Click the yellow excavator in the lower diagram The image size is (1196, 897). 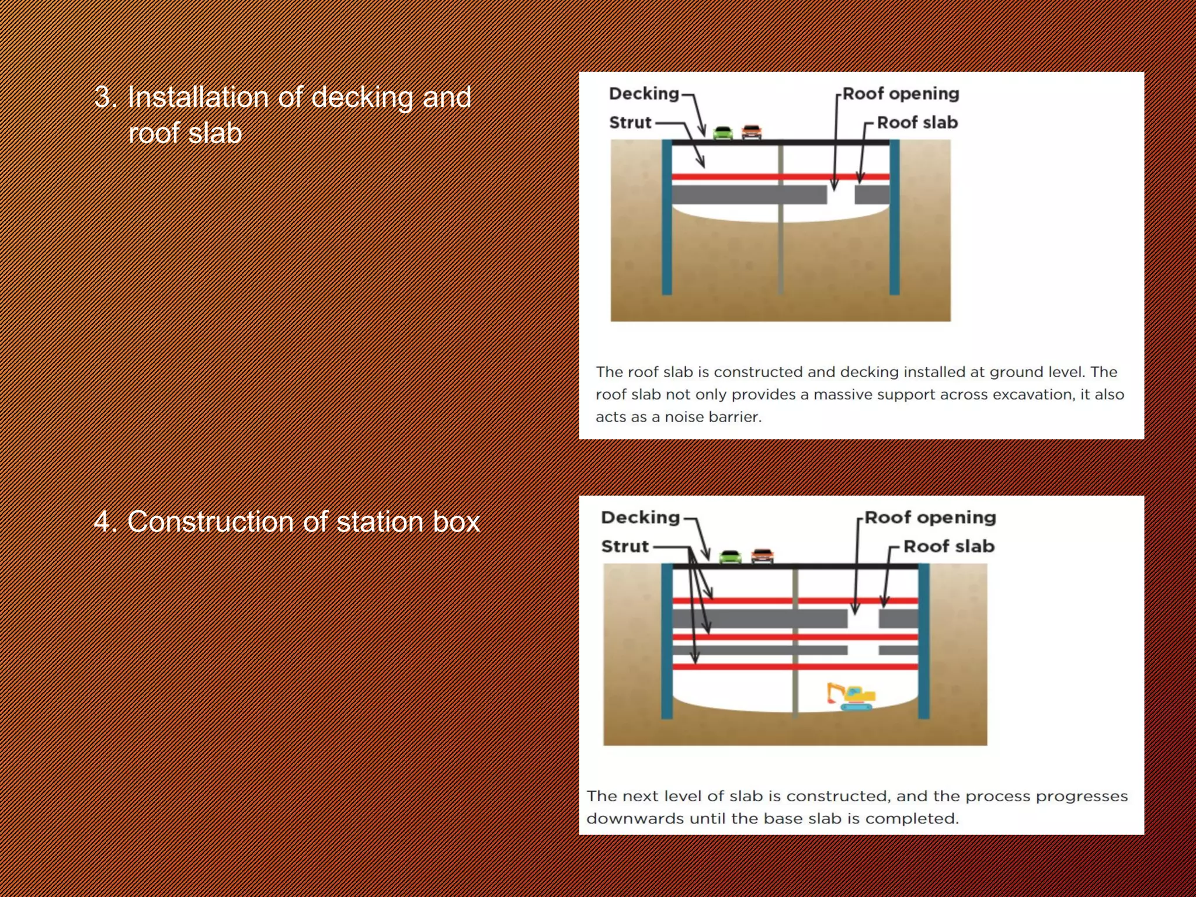click(851, 696)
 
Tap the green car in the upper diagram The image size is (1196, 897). click(723, 133)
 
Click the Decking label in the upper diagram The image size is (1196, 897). click(644, 93)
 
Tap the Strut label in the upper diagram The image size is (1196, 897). click(630, 123)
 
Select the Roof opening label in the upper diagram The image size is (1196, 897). click(901, 93)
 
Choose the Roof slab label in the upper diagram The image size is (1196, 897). click(917, 123)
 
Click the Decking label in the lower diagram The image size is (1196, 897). click(640, 517)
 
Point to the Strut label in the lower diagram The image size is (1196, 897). click(625, 547)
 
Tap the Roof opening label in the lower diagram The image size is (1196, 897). click(930, 517)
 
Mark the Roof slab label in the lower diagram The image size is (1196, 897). click(948, 547)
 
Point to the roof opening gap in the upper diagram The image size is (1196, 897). click(841, 194)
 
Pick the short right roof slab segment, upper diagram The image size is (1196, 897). click(872, 194)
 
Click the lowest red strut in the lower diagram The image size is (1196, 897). click(795, 666)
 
